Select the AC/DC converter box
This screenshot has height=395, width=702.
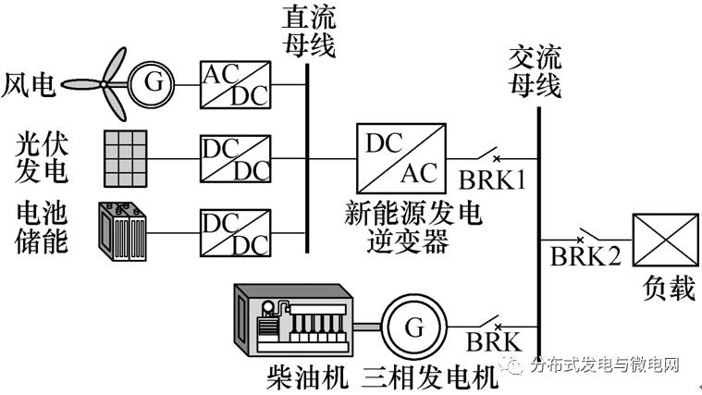(x=235, y=85)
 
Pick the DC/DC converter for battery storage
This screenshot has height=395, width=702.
(x=235, y=232)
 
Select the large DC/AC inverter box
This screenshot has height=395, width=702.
(x=400, y=158)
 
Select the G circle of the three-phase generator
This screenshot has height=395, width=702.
(x=413, y=327)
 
